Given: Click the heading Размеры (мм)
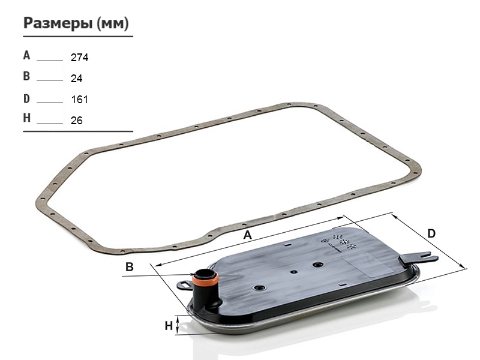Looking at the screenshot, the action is coord(76,23).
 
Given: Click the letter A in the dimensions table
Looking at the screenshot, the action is coord(26,55).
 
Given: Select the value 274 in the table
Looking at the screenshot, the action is coord(80,57).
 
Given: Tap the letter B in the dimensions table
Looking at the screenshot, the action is coord(26,76).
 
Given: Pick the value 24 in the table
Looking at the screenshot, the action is coord(77,79).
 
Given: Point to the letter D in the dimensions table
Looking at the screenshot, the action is coord(26,98).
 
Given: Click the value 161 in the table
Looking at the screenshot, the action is coord(80,100).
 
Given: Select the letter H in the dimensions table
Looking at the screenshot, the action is coord(26,118).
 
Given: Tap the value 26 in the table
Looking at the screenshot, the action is coord(77,121).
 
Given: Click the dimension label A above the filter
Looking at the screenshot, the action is coord(247,235).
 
